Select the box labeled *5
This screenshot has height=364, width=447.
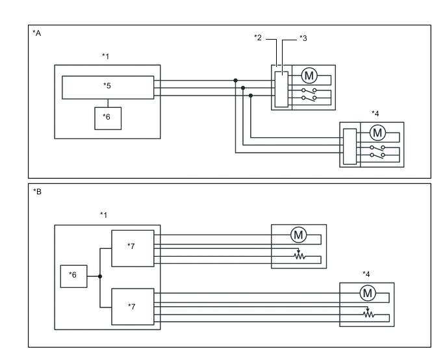tap(108, 87)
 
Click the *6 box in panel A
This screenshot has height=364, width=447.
tap(108, 116)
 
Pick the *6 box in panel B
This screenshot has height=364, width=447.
tap(73, 276)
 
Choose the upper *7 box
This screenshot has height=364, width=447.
tap(133, 248)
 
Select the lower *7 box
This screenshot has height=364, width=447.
tap(133, 306)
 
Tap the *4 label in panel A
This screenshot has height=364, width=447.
tap(376, 114)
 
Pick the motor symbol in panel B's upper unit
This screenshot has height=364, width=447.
tap(298, 235)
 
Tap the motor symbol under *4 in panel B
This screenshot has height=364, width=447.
tap(367, 293)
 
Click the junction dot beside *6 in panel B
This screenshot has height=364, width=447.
tap(100, 276)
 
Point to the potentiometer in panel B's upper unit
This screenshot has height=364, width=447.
tap(299, 255)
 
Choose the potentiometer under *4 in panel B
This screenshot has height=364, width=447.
tap(368, 314)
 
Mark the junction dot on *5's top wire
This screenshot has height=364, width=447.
tap(235, 81)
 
